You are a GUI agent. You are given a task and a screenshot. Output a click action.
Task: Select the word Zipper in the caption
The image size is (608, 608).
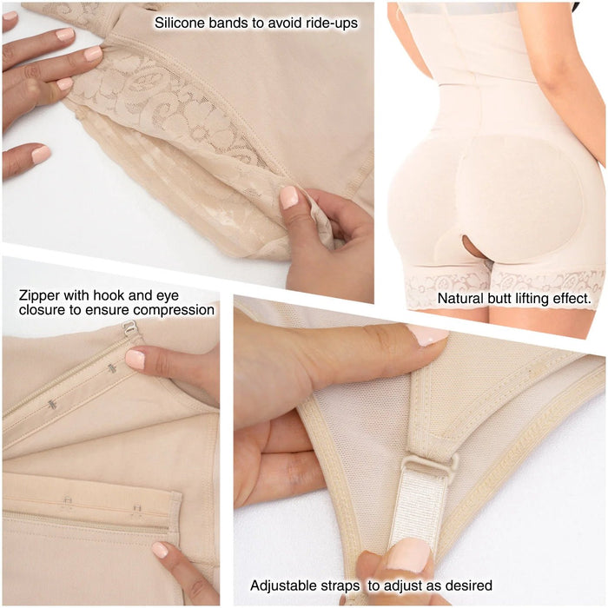(x=38, y=295)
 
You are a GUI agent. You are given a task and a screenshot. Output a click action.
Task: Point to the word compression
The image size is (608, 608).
(x=175, y=310)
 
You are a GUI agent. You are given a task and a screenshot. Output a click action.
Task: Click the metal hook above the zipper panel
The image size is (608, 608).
(x=129, y=328)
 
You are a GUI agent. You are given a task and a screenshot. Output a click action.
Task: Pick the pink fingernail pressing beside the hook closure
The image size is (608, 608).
(x=135, y=359)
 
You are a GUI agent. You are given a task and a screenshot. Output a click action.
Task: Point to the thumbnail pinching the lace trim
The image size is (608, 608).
(x=288, y=197)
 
